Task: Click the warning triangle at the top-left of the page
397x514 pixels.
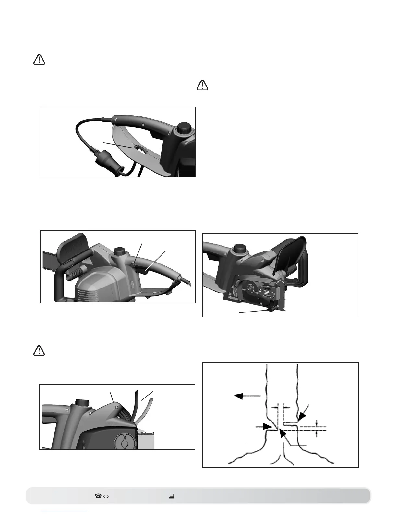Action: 39,60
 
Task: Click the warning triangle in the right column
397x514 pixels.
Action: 203,85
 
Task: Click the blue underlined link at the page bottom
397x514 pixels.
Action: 65,511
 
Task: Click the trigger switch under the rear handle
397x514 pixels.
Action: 144,270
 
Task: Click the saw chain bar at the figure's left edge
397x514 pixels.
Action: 49,256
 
